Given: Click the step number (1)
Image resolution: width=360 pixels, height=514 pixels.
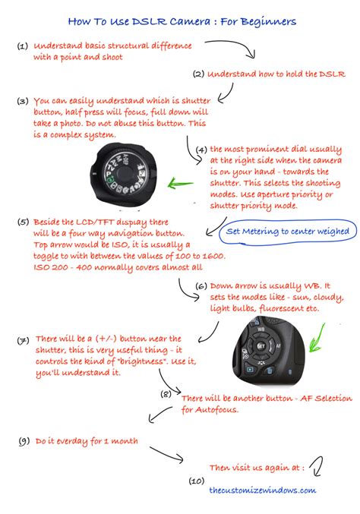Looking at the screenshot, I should (23, 46).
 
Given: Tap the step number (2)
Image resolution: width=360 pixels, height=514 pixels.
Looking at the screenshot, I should (198, 74).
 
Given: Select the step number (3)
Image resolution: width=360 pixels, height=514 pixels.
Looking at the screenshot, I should (23, 100).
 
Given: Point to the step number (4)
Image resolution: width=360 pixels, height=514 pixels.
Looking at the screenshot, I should (201, 150).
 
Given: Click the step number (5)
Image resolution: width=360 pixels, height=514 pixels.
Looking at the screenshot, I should (23, 222).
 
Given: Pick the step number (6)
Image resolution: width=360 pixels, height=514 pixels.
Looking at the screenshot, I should (201, 286).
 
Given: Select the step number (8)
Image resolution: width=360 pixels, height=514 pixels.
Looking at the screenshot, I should (166, 394).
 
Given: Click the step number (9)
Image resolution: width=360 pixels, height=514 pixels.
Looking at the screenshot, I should (23, 440).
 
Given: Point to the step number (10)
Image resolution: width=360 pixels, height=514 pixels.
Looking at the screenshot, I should (196, 481).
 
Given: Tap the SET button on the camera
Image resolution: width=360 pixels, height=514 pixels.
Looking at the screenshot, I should (261, 345).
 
